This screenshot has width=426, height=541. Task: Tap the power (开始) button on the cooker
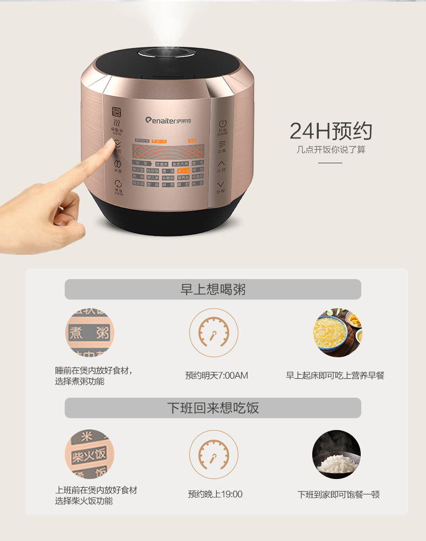pos(222,125)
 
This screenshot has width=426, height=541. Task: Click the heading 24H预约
pos(331,131)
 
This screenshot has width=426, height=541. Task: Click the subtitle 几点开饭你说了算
pos(331,149)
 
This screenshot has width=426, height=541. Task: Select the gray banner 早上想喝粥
pos(212,289)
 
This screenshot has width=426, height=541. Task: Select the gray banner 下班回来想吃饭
pos(212,408)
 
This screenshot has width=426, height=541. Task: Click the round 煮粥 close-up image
pos(90,332)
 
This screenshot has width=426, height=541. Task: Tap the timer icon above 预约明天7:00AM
pos(213,332)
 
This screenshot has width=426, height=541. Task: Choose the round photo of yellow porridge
pos(337,332)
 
